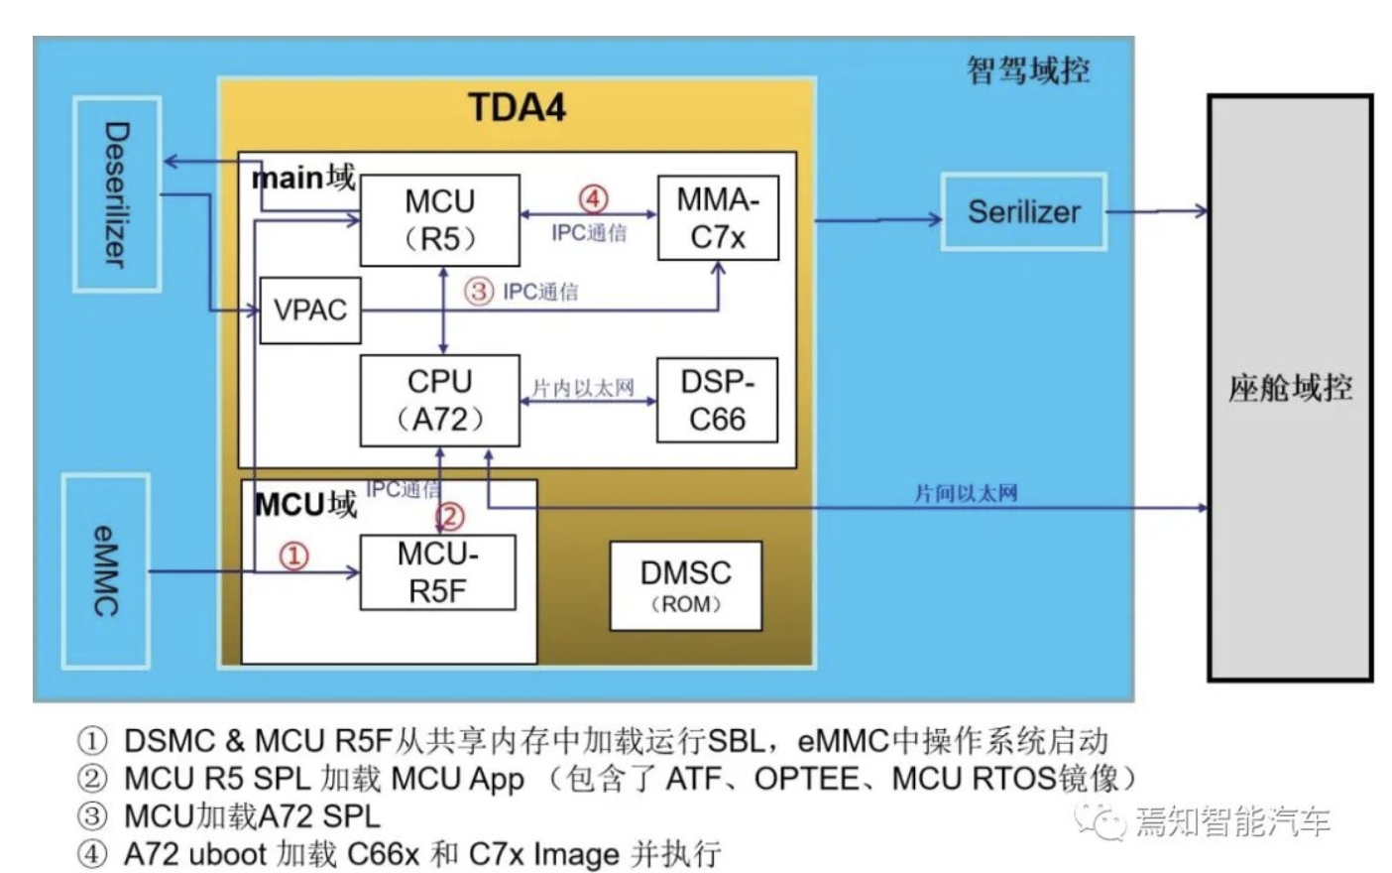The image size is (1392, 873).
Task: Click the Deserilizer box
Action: click(x=117, y=193)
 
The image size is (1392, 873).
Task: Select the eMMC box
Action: click(x=106, y=570)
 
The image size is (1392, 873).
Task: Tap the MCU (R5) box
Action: click(x=439, y=220)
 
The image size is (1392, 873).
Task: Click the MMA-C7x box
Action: click(x=718, y=218)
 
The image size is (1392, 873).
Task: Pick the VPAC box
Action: click(x=309, y=311)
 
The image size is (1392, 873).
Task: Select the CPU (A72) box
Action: click(x=439, y=400)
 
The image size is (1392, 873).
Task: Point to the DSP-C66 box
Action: click(x=717, y=400)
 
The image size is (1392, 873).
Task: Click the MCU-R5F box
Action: click(x=437, y=572)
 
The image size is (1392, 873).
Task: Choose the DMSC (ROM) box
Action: click(x=685, y=585)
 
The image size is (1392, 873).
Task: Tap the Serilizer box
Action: click(x=1023, y=211)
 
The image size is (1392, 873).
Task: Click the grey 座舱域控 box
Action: click(x=1289, y=387)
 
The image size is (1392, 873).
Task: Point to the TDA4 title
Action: click(x=517, y=107)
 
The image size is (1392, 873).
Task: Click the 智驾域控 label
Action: click(x=1028, y=70)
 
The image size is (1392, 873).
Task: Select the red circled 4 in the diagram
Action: click(x=593, y=199)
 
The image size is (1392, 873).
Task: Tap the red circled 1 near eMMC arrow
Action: click(x=293, y=556)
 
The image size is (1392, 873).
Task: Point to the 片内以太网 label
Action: click(x=583, y=388)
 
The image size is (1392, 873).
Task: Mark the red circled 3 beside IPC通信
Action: click(x=479, y=292)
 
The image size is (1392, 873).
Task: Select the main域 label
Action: click(x=303, y=178)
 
